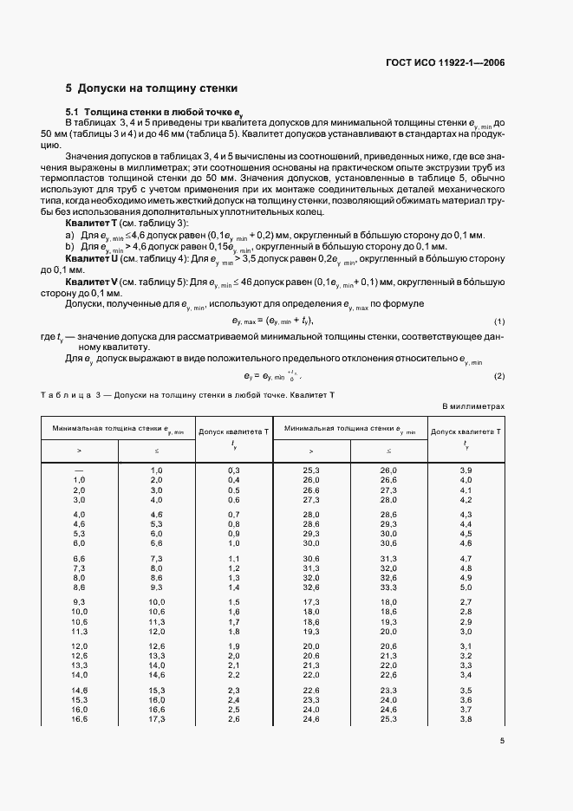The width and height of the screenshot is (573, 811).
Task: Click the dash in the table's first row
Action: coord(79,469)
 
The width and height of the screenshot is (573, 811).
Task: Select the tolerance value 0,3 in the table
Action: coord(233,469)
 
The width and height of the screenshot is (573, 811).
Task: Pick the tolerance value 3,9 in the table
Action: coord(466,469)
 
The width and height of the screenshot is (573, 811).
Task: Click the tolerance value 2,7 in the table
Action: coord(466,600)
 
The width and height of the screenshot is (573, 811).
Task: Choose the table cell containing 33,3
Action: coord(388,587)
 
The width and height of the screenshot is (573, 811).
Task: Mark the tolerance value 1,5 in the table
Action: coord(233,600)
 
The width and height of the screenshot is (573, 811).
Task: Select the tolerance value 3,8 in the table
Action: coord(466,719)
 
